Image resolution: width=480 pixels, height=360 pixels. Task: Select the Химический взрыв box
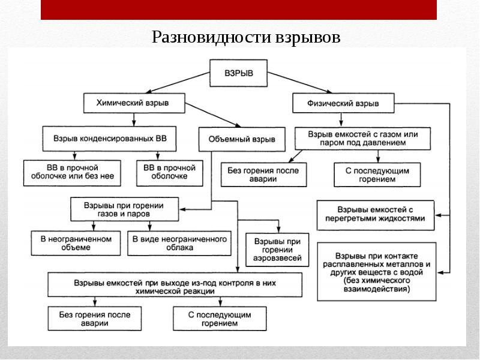pos(133,103)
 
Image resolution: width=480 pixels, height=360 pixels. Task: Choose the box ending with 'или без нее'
pos(73,172)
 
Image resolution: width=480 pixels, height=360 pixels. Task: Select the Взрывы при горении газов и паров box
pos(125,209)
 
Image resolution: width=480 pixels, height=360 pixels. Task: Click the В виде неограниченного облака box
pos(180,244)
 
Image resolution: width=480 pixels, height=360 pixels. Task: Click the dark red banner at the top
pos(239,10)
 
